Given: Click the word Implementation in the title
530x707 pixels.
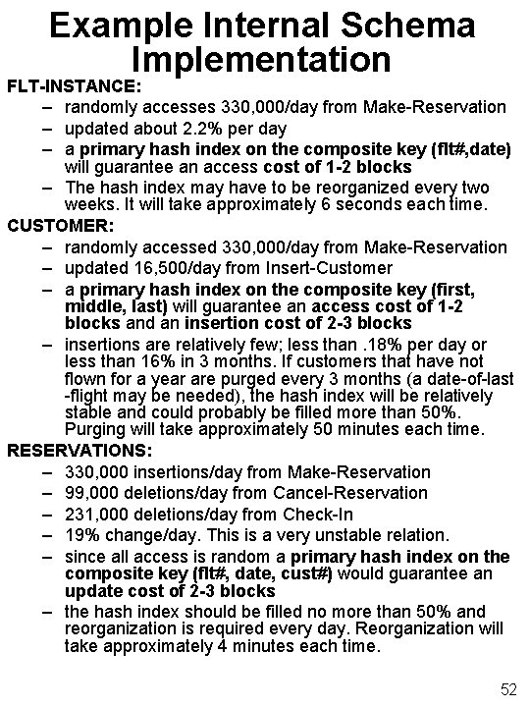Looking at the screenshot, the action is [265, 61].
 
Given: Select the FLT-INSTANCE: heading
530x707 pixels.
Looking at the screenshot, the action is [76, 85].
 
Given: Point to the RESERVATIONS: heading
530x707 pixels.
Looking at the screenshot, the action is [79, 450].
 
